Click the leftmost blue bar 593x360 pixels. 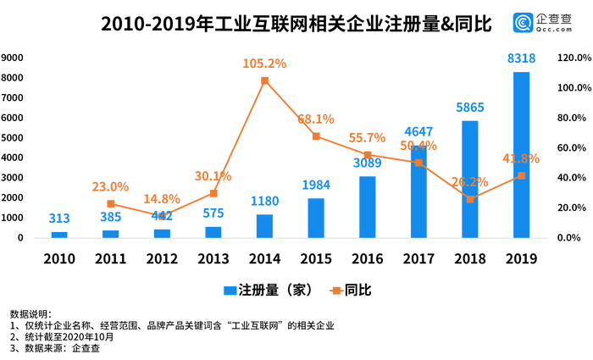click(58, 233)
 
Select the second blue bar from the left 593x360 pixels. click(110, 232)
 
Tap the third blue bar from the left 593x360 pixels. click(162, 231)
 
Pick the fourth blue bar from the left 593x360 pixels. click(213, 230)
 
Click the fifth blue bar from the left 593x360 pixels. click(264, 224)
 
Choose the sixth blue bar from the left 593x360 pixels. click(316, 216)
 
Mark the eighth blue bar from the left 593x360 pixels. click(418, 195)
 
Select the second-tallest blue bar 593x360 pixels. click(470, 178)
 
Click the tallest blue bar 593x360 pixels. click(521, 152)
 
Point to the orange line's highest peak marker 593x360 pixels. click(265, 79)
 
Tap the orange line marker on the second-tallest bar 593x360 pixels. click(470, 198)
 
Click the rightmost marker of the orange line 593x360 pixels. click(521, 175)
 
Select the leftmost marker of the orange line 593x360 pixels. click(111, 202)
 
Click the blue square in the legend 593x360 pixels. click(230, 291)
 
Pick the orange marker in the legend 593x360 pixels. click(335, 291)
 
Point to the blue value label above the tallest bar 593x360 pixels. click(521, 58)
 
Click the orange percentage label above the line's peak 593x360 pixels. click(265, 64)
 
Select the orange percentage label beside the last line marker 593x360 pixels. click(521, 158)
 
